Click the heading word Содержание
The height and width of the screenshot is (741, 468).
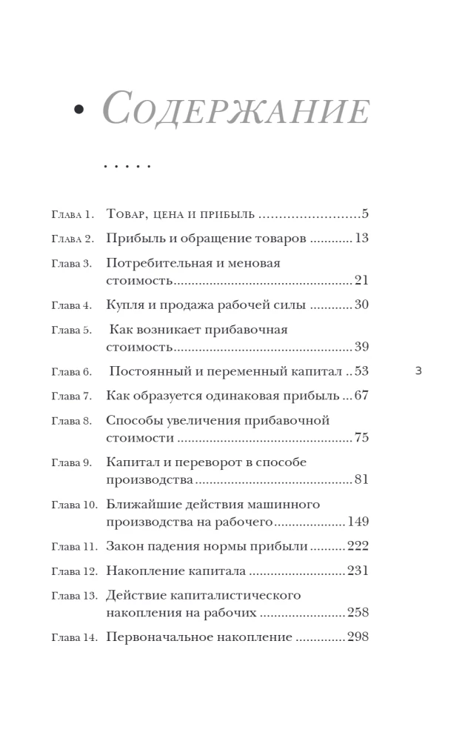click(x=235, y=110)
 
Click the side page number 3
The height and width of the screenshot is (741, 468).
click(x=418, y=371)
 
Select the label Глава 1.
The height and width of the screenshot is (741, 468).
click(x=73, y=215)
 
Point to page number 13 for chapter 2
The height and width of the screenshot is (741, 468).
click(x=361, y=239)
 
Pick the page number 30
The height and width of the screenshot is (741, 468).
click(x=361, y=305)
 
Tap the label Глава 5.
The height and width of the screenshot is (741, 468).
click(x=71, y=330)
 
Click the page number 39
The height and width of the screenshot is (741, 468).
click(x=361, y=347)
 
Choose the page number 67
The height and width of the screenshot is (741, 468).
click(x=361, y=396)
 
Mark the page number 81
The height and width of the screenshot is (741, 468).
click(x=361, y=479)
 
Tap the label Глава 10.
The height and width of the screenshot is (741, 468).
click(x=74, y=505)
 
